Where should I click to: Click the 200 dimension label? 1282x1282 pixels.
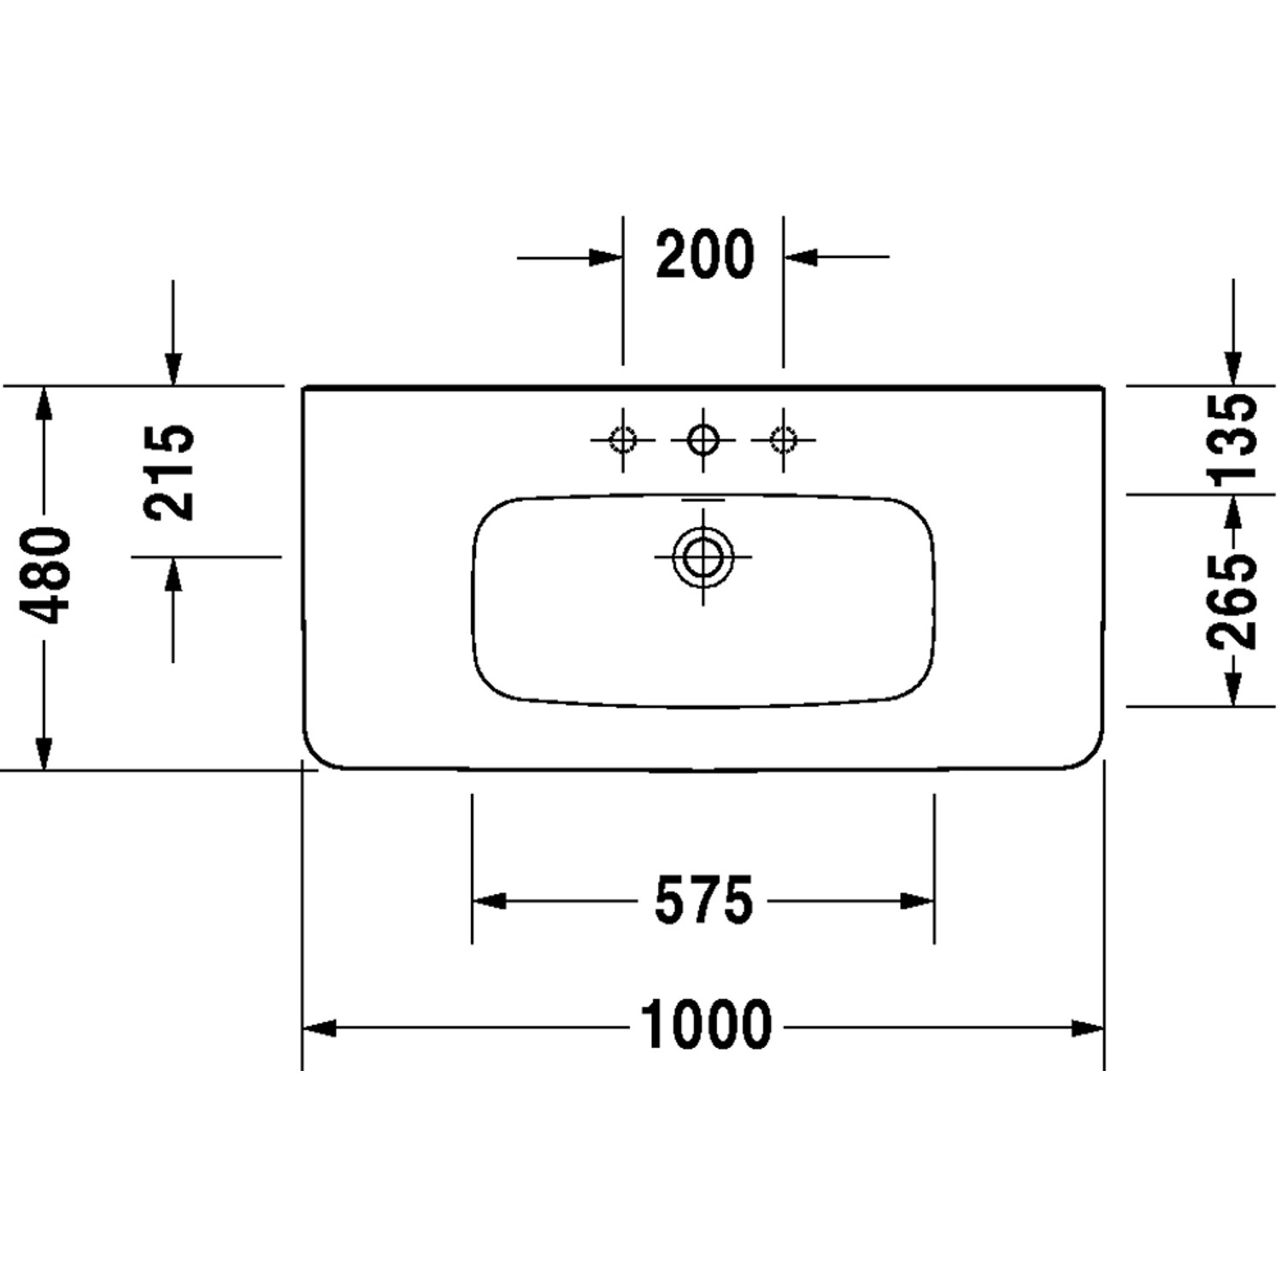coord(705,255)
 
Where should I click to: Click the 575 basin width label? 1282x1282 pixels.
coord(703,901)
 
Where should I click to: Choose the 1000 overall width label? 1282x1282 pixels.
coord(706,1026)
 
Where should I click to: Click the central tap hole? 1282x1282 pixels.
coord(703,440)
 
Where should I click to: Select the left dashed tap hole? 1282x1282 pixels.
coord(622,440)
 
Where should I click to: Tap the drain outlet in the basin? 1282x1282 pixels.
coord(703,557)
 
